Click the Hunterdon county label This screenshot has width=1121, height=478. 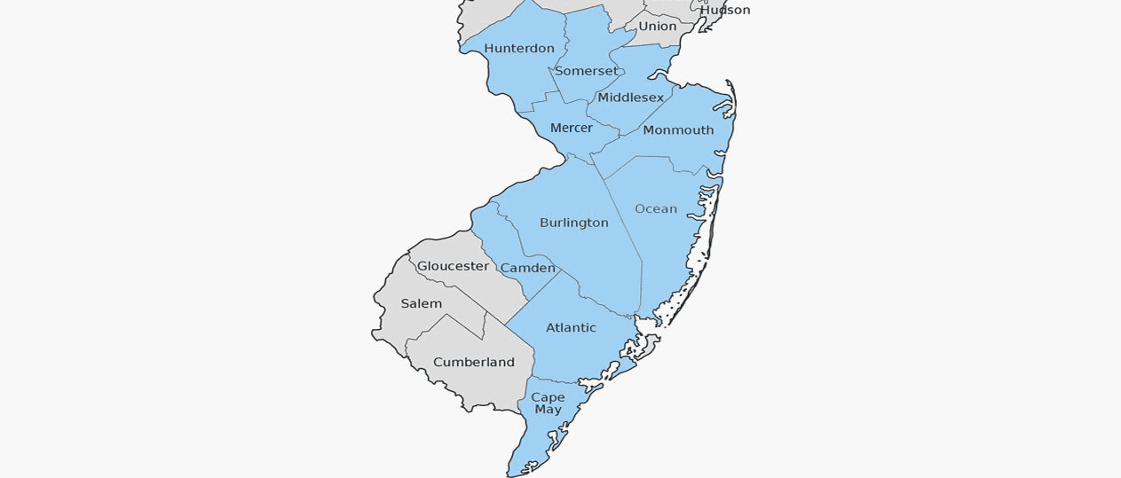pos(519,48)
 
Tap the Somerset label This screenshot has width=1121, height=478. pos(586,71)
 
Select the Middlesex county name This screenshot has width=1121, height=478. pos(630,98)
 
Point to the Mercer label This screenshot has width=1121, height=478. pos(571,129)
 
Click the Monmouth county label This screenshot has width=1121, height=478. pos(678,130)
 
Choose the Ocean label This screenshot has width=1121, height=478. pos(656,209)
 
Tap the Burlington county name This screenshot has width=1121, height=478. pos(574,223)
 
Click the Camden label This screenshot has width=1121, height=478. pos(527,268)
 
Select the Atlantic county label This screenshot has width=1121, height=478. pos(571,328)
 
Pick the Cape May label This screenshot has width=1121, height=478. pos(549,404)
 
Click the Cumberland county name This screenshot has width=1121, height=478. pos(474,363)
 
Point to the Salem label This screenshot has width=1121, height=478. pos(421,303)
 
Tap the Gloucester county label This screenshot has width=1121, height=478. pos(453,266)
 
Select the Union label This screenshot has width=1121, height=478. pos(658,27)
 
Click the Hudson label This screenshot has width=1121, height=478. pos(725,10)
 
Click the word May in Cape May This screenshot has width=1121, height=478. pos(549,410)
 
